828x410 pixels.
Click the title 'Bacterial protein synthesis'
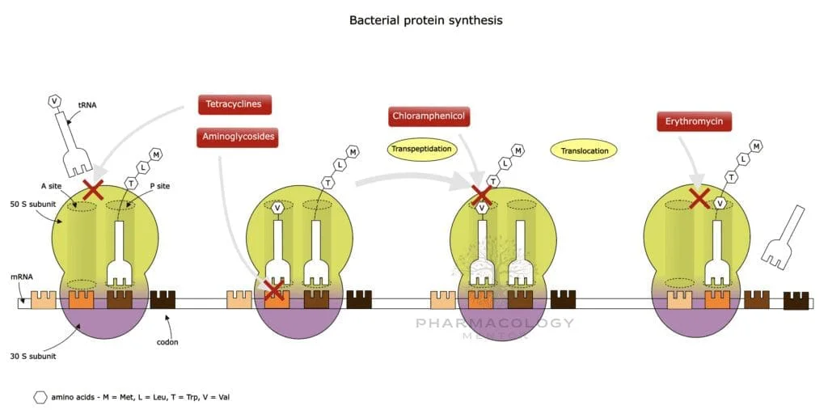pyautogui.click(x=425, y=19)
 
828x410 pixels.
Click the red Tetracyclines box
pyautogui.click(x=234, y=104)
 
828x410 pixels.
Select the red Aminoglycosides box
pyautogui.click(x=237, y=137)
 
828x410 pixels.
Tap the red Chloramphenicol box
pyautogui.click(x=429, y=116)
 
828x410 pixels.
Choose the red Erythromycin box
pyautogui.click(x=694, y=122)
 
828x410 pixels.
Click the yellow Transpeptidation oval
pyautogui.click(x=417, y=150)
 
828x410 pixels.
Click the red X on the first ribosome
pyautogui.click(x=93, y=190)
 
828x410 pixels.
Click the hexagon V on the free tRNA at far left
pyautogui.click(x=55, y=101)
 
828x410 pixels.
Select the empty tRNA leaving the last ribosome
pyautogui.click(x=784, y=238)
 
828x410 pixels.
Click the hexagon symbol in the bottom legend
pyautogui.click(x=40, y=397)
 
